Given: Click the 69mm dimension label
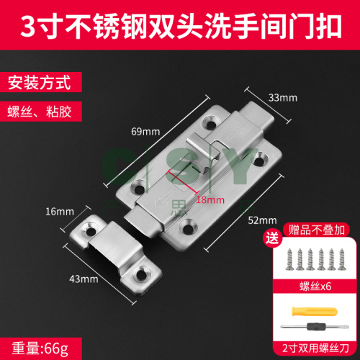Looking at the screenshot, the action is point(145,132).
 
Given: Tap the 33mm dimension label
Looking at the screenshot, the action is point(283,98).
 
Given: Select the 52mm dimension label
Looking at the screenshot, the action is point(262,220).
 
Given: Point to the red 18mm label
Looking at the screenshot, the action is point(210,199).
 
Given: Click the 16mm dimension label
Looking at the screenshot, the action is point(60,212).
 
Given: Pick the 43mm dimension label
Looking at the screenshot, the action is point(84,279).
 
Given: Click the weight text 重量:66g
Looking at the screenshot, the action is point(40,348).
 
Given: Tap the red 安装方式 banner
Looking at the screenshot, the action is point(41,82).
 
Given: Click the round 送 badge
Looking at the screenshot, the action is point(272,238).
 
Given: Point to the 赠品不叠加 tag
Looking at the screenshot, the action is point(316,230).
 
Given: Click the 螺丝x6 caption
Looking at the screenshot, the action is point(315,287).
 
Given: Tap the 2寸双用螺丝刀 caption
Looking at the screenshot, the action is point(315,348).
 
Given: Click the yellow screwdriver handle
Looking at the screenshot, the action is point(315,311).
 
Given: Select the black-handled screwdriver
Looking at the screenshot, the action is point(315,327).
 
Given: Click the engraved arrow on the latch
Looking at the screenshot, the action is point(164,198).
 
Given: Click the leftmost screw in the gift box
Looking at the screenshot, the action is point(289,259).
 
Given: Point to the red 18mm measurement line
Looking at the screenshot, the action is point(184,181).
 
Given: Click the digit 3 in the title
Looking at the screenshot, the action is point(28,26).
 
